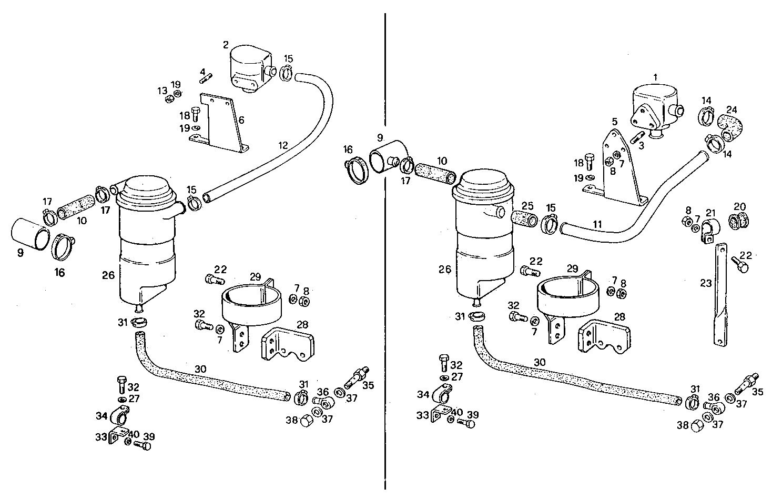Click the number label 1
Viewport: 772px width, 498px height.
click(x=655, y=77)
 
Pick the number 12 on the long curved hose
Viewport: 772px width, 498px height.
click(x=283, y=145)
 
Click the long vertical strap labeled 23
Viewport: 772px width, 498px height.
click(x=720, y=295)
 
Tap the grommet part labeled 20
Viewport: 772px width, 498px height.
click(x=739, y=222)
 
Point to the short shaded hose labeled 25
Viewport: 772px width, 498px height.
click(x=524, y=218)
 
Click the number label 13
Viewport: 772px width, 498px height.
click(x=162, y=91)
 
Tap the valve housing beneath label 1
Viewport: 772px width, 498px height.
click(x=655, y=111)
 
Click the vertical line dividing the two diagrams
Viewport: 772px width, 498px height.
click(x=385, y=253)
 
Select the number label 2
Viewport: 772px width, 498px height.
click(x=226, y=45)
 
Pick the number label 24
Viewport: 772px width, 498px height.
click(x=732, y=110)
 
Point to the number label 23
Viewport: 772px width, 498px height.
click(x=705, y=283)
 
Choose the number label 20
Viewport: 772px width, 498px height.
click(x=739, y=206)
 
